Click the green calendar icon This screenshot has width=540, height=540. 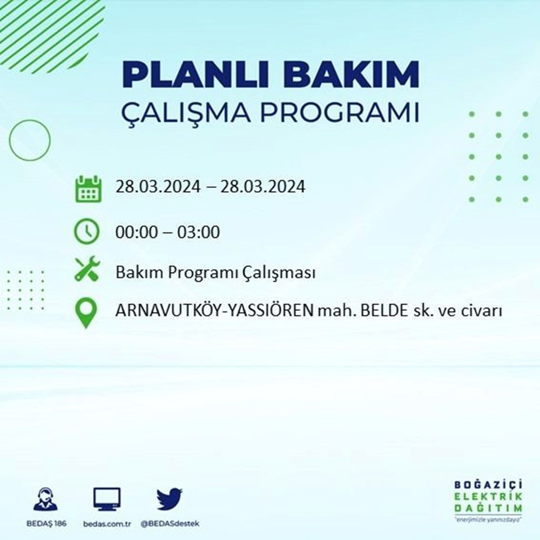pos(87,188)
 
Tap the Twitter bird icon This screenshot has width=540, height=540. pos(170,500)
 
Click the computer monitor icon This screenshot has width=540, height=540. pos(106,500)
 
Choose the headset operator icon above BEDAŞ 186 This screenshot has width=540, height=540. pos(46,500)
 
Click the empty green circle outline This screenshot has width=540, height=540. pos(30,140)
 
